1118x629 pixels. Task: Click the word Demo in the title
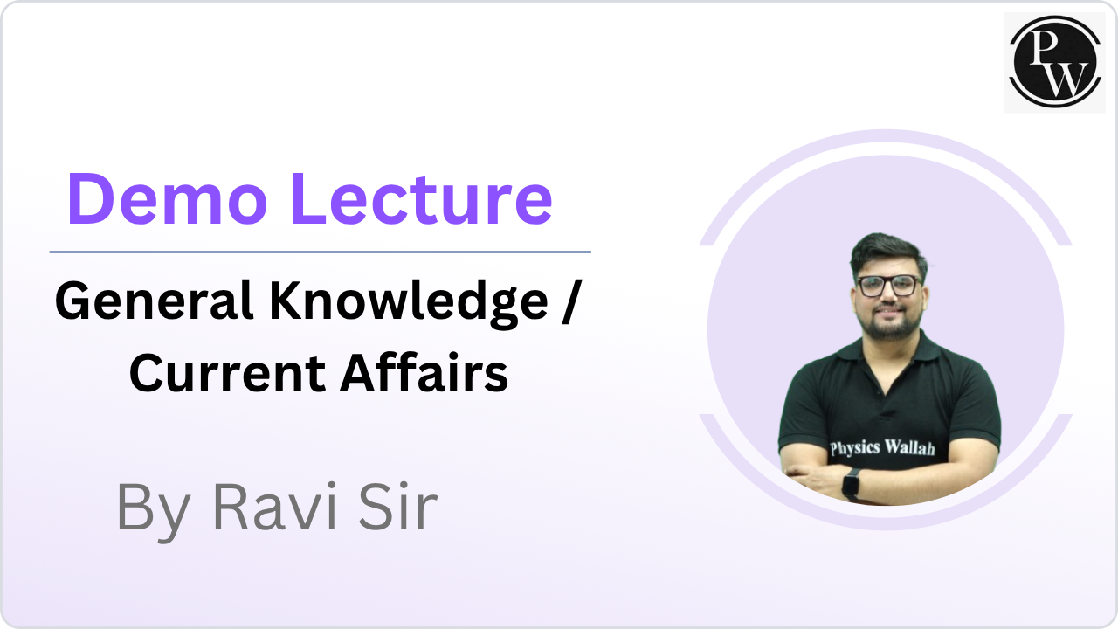(x=167, y=198)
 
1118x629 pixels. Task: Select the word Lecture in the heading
(x=422, y=198)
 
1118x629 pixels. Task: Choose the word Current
(x=228, y=374)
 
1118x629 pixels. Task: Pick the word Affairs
(x=424, y=372)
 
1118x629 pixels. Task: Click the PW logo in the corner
(x=1054, y=62)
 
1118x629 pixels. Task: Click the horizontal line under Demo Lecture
(x=320, y=252)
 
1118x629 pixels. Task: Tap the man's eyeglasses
(x=889, y=286)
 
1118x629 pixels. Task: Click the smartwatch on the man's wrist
(x=851, y=484)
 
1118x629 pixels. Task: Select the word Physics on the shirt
(x=855, y=448)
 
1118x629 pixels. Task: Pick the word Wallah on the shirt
(x=909, y=446)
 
